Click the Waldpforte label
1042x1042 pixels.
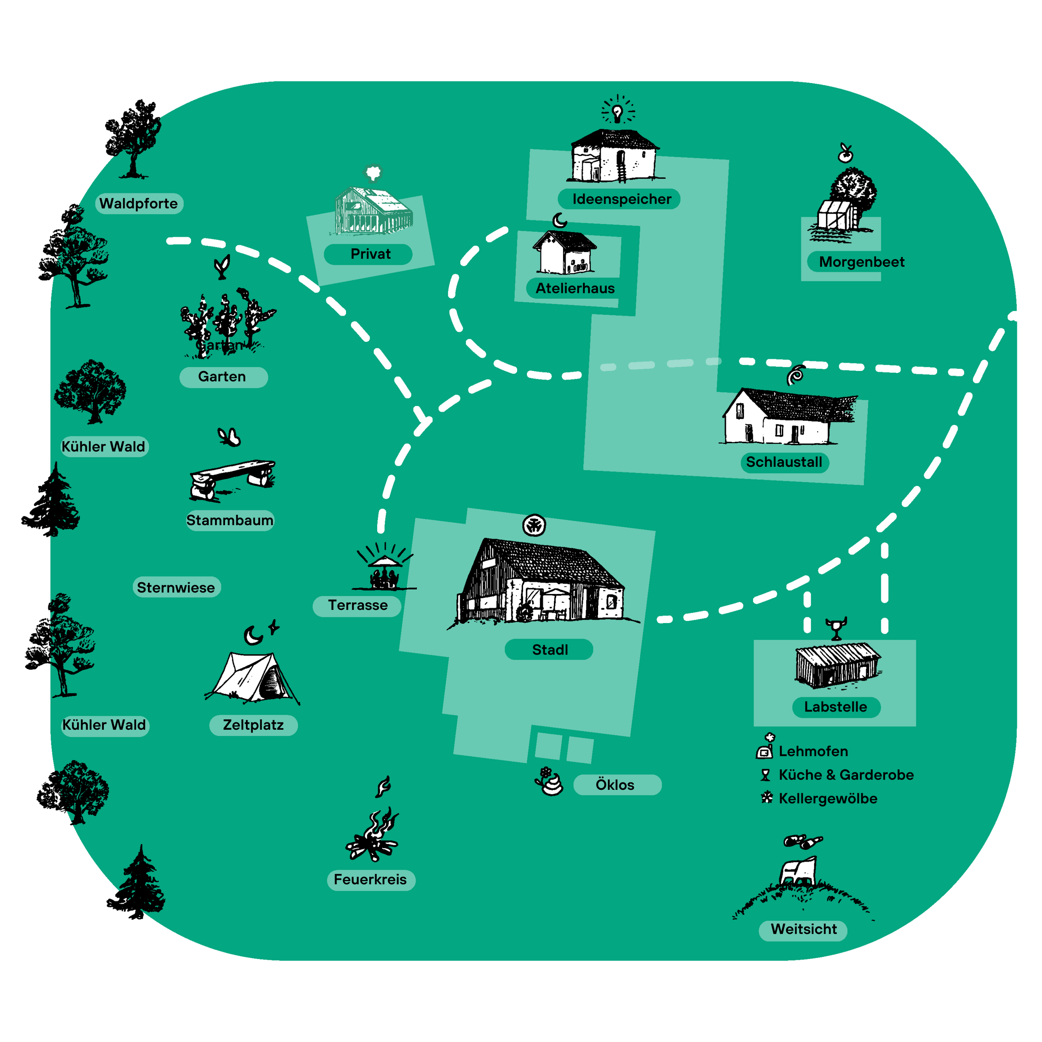click(139, 204)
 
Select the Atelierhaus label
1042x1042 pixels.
click(574, 288)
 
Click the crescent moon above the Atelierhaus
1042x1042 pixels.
click(560, 220)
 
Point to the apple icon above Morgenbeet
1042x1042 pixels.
click(845, 154)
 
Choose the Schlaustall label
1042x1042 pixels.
click(784, 462)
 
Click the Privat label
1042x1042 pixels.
click(370, 254)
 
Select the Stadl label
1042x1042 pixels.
click(550, 650)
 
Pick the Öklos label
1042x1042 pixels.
click(615, 785)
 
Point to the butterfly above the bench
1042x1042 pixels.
click(229, 436)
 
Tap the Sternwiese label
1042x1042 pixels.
click(176, 587)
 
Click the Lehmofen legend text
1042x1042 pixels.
click(813, 751)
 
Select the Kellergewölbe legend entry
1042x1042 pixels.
click(827, 799)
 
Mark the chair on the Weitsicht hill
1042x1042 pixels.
click(799, 870)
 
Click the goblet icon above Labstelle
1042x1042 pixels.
click(836, 628)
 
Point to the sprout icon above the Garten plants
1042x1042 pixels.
click(222, 266)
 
